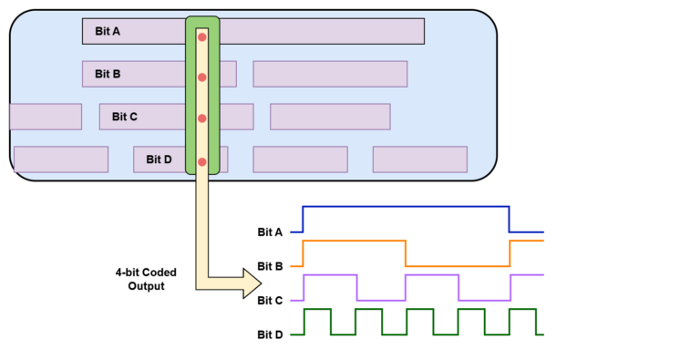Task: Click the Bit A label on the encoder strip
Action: click(108, 31)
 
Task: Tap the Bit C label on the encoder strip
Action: click(125, 117)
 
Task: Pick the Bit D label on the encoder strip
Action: click(159, 159)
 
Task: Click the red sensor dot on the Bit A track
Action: click(202, 36)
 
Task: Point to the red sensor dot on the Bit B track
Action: click(202, 77)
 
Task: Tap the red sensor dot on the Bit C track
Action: click(202, 118)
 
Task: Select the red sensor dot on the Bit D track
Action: click(202, 162)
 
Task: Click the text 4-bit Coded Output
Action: click(146, 279)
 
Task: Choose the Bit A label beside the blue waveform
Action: click(270, 232)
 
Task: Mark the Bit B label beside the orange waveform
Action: click(270, 266)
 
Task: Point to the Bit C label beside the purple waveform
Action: click(270, 300)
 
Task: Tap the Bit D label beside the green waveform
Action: click(270, 334)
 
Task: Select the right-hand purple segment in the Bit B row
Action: click(330, 74)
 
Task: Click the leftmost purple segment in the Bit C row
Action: click(46, 117)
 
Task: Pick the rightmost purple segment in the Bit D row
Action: click(420, 159)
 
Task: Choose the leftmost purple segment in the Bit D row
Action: click(61, 159)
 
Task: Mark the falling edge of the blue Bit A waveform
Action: click(510, 220)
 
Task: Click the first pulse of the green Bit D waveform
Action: click(316, 310)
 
